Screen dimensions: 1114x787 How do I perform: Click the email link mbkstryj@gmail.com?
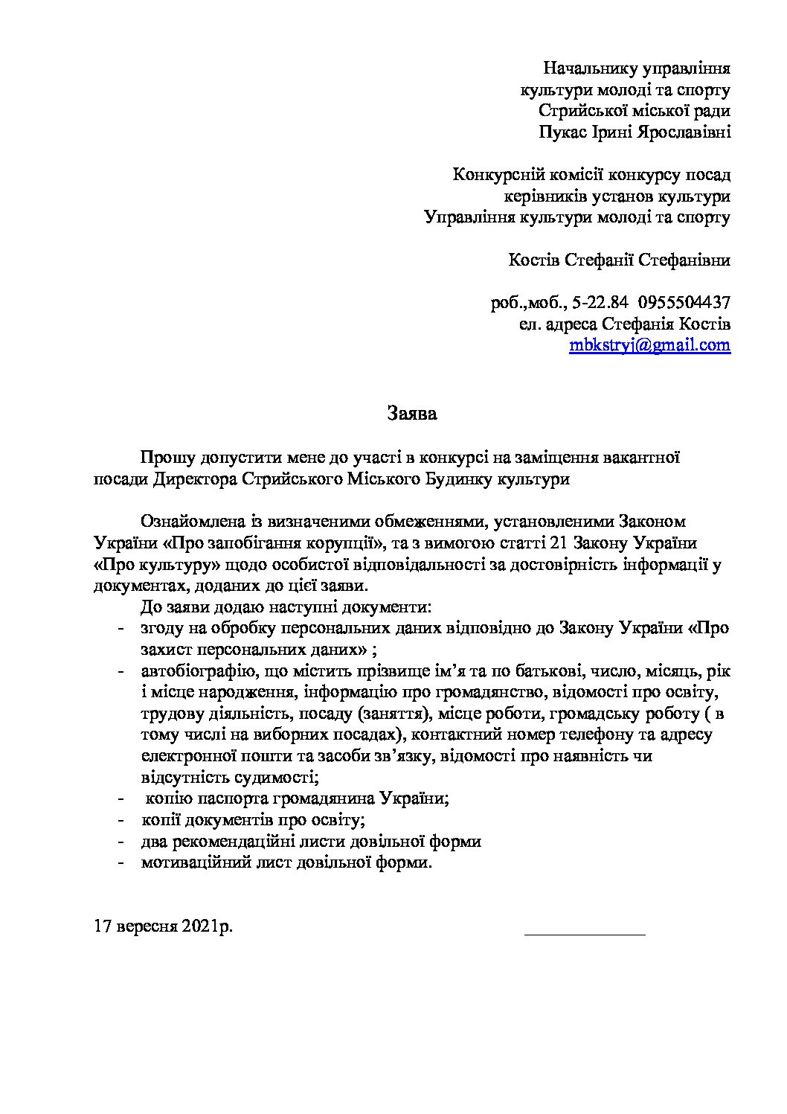(649, 346)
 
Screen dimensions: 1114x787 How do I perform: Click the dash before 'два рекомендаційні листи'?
(121, 842)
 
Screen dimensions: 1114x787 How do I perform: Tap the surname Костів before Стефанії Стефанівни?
(533, 260)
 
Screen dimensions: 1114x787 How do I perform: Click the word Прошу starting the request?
(164, 458)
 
